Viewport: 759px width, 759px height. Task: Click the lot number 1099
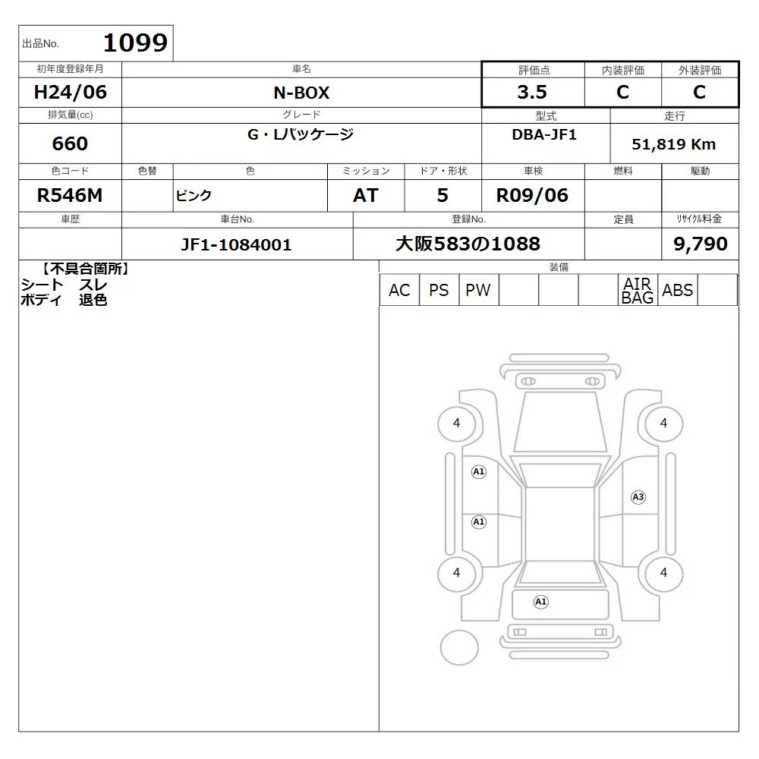coord(136,43)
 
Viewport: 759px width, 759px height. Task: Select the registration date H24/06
coord(70,92)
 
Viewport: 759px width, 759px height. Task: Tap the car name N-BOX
coord(301,93)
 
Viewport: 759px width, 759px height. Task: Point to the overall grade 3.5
coord(532,92)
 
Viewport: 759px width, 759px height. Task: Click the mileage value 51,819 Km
coord(673,144)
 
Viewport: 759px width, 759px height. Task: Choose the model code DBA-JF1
coord(544,134)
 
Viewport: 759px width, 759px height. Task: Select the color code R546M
coord(70,196)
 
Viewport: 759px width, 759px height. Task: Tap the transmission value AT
coord(366,196)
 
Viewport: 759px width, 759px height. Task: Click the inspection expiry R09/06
coord(532,196)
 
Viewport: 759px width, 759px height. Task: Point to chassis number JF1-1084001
coord(236,244)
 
